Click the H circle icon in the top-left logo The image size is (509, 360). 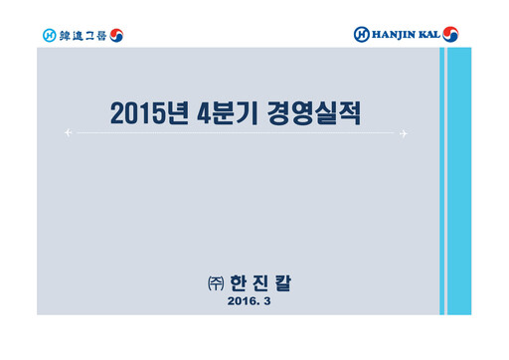click(50, 35)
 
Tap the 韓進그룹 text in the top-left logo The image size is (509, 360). click(81, 35)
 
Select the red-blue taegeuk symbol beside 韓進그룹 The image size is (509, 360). click(115, 35)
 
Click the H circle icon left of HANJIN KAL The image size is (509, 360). click(361, 34)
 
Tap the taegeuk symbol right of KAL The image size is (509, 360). click(452, 34)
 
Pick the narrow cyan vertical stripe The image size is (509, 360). click(443, 179)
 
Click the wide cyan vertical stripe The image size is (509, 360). click(457, 179)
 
